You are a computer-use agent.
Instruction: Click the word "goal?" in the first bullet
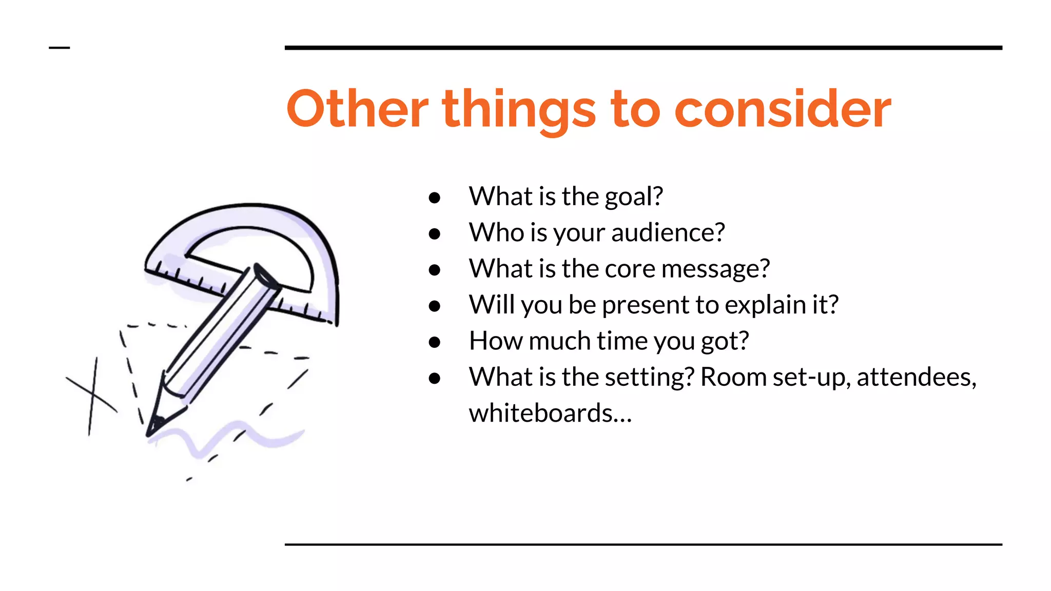pyautogui.click(x=634, y=197)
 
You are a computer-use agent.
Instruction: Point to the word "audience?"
pyautogui.click(x=668, y=233)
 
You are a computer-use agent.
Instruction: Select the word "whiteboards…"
pyautogui.click(x=550, y=413)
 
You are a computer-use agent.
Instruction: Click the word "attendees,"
pyautogui.click(x=917, y=378)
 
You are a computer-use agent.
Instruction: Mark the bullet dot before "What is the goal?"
pyautogui.click(x=435, y=198)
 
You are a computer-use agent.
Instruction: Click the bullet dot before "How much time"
pyautogui.click(x=435, y=342)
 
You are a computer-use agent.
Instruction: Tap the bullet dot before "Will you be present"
pyautogui.click(x=435, y=306)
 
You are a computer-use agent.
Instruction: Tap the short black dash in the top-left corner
pyautogui.click(x=59, y=48)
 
